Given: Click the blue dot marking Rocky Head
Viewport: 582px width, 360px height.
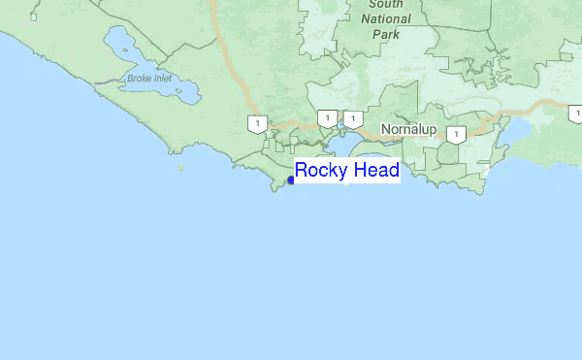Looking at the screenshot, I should pyautogui.click(x=291, y=180).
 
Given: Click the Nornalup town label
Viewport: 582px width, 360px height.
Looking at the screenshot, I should pyautogui.click(x=408, y=128).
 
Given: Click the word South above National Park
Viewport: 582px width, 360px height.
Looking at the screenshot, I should pyautogui.click(x=386, y=4).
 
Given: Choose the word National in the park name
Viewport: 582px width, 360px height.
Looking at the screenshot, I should pyautogui.click(x=385, y=18).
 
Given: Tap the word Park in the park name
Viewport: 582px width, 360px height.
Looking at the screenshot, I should pyautogui.click(x=385, y=33).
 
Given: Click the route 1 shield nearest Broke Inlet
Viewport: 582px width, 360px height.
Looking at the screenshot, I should pyautogui.click(x=257, y=123).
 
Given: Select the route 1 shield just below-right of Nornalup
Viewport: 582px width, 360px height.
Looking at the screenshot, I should pyautogui.click(x=455, y=134).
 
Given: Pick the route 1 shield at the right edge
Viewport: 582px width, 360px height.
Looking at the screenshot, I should pyautogui.click(x=576, y=114).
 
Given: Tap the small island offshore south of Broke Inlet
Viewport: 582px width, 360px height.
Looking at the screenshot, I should pyautogui.click(x=180, y=167).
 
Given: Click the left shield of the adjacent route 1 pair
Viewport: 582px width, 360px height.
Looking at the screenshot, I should pyautogui.click(x=328, y=118).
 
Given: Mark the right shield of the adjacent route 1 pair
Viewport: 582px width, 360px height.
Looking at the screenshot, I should pyautogui.click(x=353, y=118).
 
